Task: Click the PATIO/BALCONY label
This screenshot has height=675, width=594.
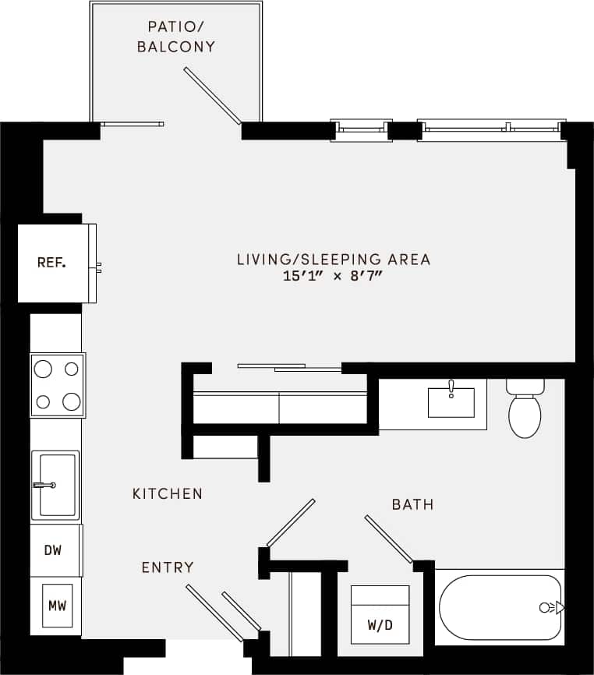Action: (175, 37)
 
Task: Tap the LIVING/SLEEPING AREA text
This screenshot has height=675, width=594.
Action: (333, 260)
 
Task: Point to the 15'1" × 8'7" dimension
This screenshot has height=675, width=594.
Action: (333, 277)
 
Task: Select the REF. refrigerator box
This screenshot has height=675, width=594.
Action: (52, 263)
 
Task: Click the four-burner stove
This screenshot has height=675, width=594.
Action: (58, 385)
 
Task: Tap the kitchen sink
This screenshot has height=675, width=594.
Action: (56, 485)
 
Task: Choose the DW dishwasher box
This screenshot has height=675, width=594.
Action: (53, 550)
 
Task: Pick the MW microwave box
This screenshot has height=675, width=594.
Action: (56, 606)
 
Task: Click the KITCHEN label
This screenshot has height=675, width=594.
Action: (168, 493)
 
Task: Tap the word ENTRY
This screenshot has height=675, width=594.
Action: (168, 567)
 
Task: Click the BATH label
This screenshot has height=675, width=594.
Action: (412, 504)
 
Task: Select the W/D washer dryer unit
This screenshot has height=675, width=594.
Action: (380, 615)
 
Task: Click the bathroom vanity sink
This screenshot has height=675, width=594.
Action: (451, 401)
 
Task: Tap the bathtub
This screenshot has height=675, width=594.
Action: (499, 607)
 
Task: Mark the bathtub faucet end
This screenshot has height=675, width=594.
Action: (550, 607)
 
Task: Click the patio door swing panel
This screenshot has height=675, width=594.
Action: (212, 96)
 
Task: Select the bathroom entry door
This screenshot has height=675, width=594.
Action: (388, 538)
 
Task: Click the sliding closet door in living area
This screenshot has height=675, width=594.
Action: (288, 366)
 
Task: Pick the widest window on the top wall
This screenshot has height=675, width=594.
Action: (491, 129)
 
